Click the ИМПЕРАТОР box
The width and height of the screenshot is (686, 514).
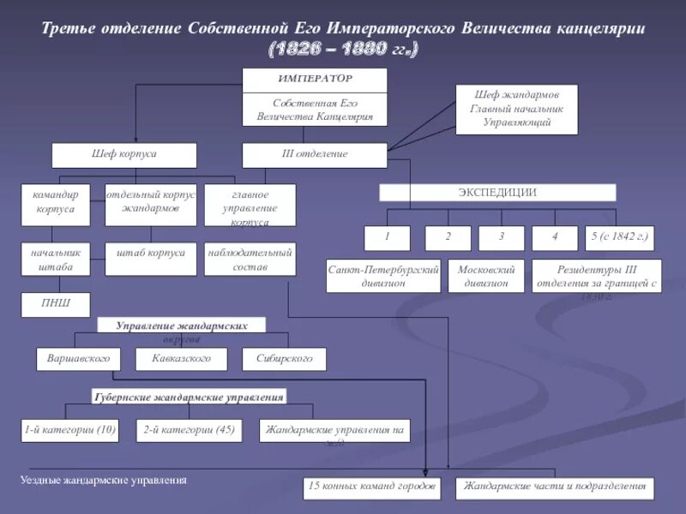[x=315, y=80]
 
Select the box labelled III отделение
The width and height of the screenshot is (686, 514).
[x=315, y=155]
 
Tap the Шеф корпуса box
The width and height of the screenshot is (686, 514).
[x=124, y=155]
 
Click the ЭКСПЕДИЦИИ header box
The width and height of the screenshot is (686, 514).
[x=497, y=193]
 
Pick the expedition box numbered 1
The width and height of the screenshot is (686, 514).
[x=387, y=238]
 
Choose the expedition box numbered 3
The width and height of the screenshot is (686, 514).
[x=502, y=238]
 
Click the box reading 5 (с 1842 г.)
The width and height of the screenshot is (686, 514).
[x=617, y=238]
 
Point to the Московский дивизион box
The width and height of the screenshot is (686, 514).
[x=485, y=276]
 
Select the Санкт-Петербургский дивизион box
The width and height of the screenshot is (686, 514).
[x=383, y=276]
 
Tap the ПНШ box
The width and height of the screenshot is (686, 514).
[x=56, y=304]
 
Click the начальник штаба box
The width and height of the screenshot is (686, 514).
[x=56, y=260]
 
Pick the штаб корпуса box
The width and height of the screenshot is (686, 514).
[x=151, y=260]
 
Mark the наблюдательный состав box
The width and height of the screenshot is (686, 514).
[x=250, y=260]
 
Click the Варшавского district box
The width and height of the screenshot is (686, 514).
[x=79, y=359]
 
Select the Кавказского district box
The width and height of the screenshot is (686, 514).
[x=181, y=359]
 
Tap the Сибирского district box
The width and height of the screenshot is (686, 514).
[x=284, y=359]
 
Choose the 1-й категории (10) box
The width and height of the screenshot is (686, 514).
[x=70, y=430]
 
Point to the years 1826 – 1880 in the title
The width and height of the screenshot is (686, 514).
[x=344, y=50]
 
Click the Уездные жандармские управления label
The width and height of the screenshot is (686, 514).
[x=104, y=481]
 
